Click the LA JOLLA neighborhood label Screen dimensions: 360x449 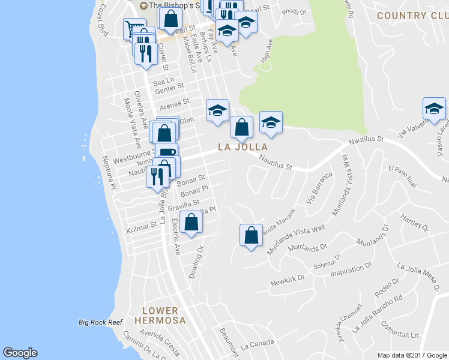coord(243,146)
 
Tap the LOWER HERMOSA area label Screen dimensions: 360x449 coord(160,316)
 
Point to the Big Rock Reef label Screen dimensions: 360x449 coord(100,322)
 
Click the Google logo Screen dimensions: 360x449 coord(20,353)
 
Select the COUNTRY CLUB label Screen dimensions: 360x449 coord(413,15)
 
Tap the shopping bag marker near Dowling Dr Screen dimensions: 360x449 coord(191,223)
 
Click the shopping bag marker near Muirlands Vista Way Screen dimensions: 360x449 coord(252,235)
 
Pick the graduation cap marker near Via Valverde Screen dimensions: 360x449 coord(433,109)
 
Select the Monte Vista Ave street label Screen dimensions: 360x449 coord(131,124)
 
